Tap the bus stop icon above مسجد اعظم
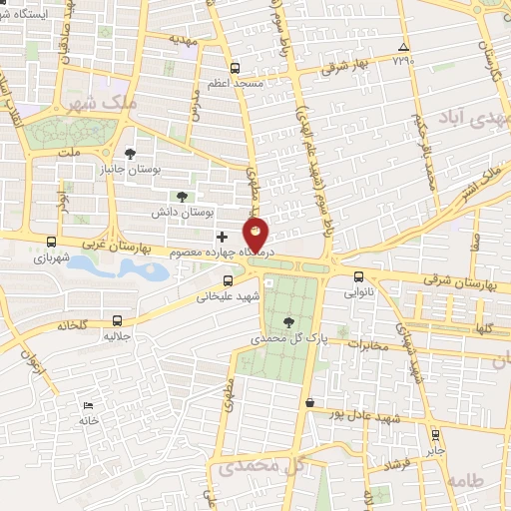tap(235, 69)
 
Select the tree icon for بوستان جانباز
tap(130, 154)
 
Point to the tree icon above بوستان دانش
tap(181, 197)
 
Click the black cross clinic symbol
tap(222, 237)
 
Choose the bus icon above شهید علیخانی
tap(228, 279)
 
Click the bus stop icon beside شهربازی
tap(51, 242)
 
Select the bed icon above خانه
tap(89, 405)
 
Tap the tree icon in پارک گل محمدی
tap(289, 321)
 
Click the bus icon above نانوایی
tap(359, 276)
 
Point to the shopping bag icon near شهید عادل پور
tap(309, 402)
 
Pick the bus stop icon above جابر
tap(434, 434)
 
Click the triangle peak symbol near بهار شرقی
tap(403, 47)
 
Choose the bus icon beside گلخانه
tap(118, 321)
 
